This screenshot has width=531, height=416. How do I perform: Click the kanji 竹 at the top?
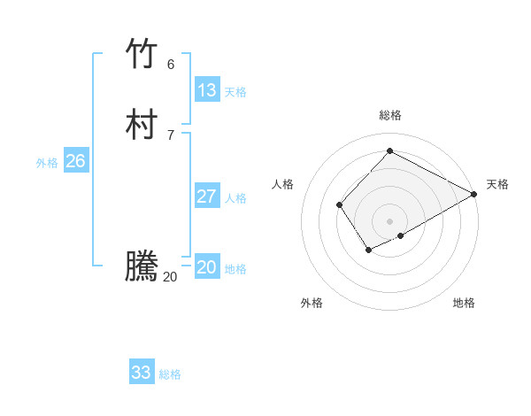coord(142,54)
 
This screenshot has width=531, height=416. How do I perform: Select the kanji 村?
coord(142,125)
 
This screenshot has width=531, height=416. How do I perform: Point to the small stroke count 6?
coord(171,65)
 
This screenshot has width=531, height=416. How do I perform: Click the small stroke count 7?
coord(171,135)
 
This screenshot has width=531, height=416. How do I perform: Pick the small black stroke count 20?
coord(170,277)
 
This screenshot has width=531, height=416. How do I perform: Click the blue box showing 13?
coord(207,90)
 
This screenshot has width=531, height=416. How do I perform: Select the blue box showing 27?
coord(207,196)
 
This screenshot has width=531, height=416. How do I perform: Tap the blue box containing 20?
coord(207,267)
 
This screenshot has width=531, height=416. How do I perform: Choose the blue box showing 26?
coord(76,161)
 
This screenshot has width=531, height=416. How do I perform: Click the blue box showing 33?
coord(142,373)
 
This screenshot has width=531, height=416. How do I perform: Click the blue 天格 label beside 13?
coord(235,92)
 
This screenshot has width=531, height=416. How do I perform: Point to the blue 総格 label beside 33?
coord(170,374)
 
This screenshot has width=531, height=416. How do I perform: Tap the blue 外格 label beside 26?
coord(47,163)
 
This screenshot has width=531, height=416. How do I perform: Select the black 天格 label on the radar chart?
coord(497,184)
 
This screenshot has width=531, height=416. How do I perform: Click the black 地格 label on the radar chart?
coord(464,303)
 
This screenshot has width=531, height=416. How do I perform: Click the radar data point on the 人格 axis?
coord(339,205)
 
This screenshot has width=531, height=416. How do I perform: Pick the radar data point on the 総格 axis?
coord(389,150)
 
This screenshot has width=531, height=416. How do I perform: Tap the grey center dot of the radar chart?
coord(389,221)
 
